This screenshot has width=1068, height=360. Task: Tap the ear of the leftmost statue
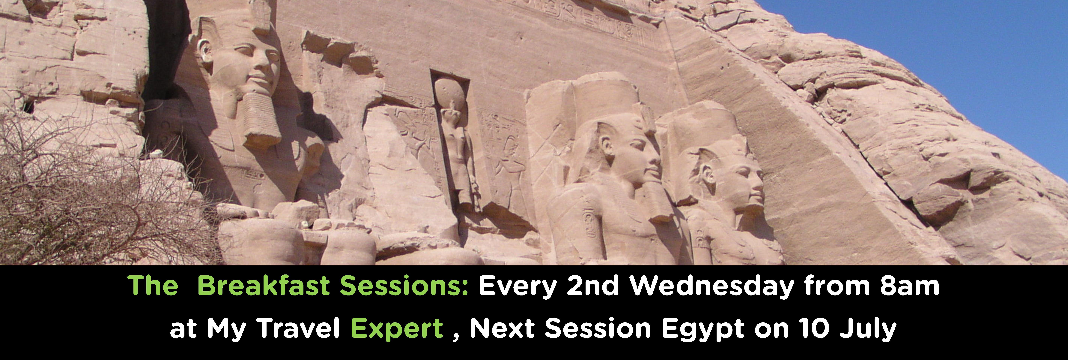click(x=206, y=52)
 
